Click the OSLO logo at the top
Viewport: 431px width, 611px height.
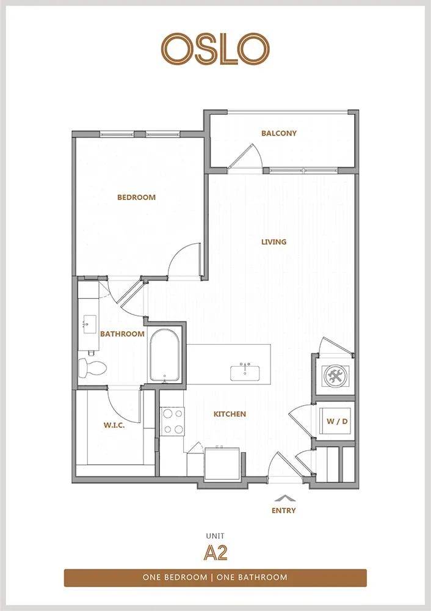coord(215,49)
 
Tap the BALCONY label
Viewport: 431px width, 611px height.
coord(279,133)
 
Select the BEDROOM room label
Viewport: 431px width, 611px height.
coord(136,197)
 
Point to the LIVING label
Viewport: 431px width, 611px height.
coord(273,242)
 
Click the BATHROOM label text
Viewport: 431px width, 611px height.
coord(122,334)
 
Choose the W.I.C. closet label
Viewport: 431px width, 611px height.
coord(114,425)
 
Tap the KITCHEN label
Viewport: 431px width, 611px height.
coord(230,414)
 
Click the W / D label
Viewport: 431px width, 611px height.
coord(337,421)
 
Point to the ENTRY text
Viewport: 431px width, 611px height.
coord(284,510)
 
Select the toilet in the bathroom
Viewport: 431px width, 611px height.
coord(92,368)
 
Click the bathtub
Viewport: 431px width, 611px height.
coord(164,356)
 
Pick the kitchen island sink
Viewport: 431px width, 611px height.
coord(245,372)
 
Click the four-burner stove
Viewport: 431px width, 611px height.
coord(173,421)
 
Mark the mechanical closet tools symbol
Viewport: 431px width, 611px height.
coord(335,376)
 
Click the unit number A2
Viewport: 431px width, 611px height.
coord(215,552)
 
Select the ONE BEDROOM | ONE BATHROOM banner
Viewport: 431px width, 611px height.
coord(215,577)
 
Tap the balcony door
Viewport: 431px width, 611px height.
coord(246,156)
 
